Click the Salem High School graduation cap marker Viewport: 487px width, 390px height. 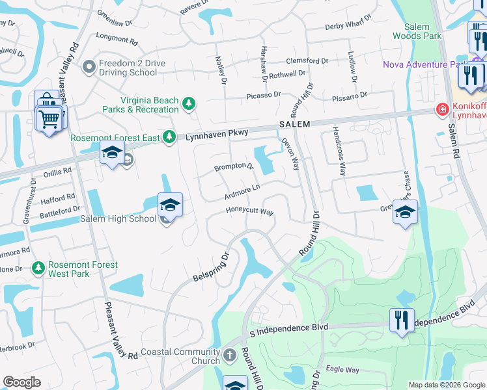(x=170, y=205)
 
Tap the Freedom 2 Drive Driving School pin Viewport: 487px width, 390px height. (x=89, y=66)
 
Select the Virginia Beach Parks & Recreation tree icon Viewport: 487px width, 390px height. (x=189, y=104)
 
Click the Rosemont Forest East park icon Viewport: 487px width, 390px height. (x=169, y=136)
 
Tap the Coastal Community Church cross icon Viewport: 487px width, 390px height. (x=229, y=356)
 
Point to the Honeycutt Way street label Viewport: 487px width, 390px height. (x=249, y=211)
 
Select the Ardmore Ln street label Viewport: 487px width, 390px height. (x=242, y=189)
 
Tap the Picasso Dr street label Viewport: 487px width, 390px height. (x=263, y=95)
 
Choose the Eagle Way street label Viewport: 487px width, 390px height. (x=343, y=370)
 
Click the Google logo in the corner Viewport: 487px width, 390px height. (x=21, y=382)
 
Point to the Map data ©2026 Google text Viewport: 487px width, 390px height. (x=446, y=385)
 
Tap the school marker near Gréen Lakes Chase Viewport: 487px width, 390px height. (x=405, y=213)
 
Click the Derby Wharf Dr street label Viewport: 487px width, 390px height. (x=350, y=27)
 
